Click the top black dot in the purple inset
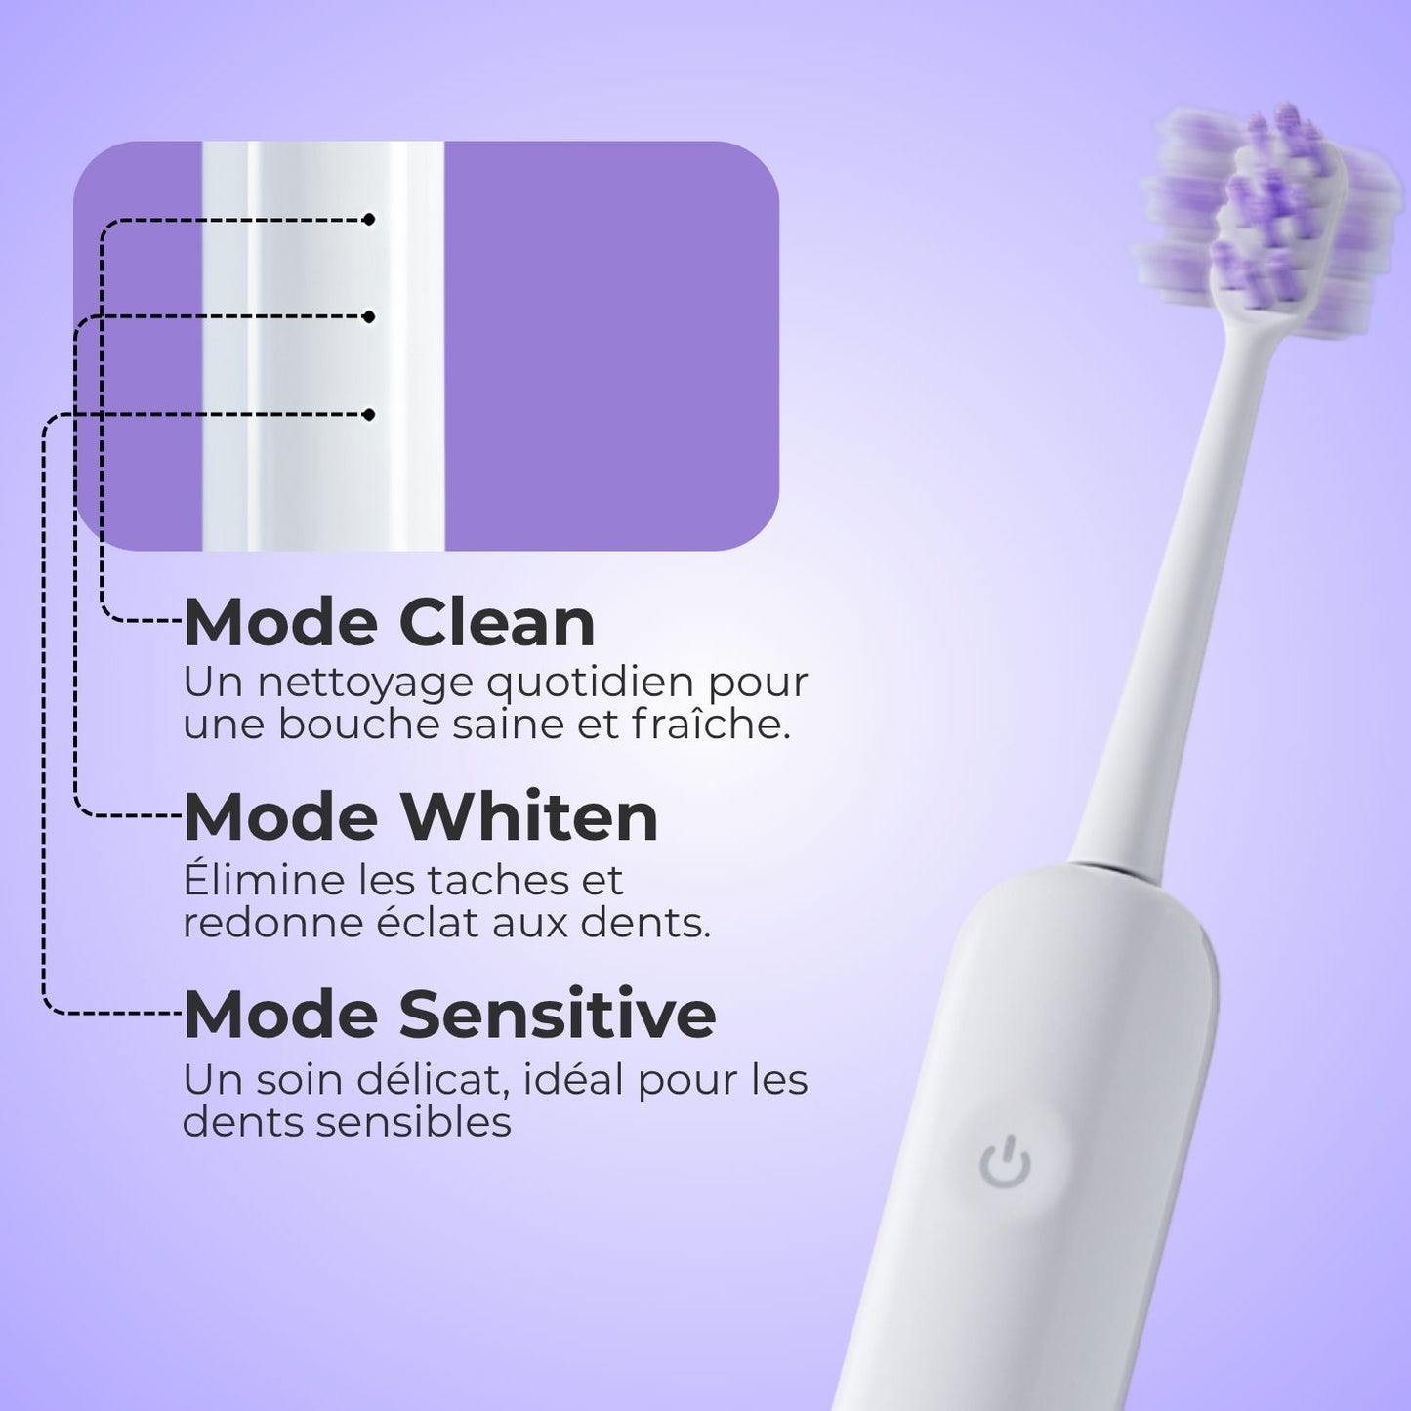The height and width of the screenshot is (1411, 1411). click(x=368, y=220)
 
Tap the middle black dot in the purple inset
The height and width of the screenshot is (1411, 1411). click(x=368, y=316)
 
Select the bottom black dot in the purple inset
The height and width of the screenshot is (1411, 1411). click(x=368, y=415)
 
